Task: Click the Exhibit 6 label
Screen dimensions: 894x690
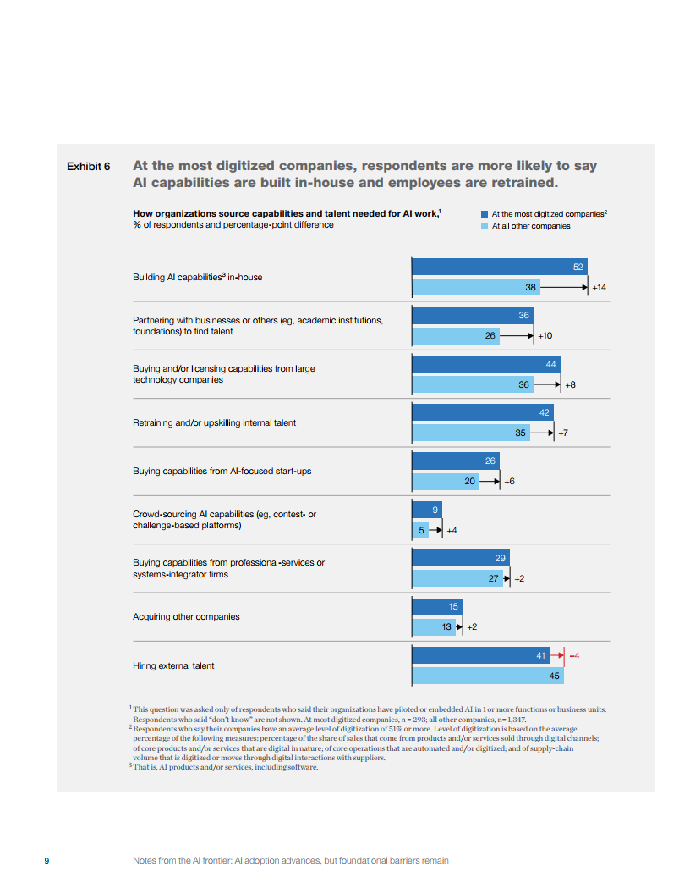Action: pyautogui.click(x=88, y=166)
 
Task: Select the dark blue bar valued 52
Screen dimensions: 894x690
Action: pyautogui.click(x=499, y=267)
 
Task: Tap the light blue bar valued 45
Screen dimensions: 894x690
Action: pyautogui.click(x=487, y=676)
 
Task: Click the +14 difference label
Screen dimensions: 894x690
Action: pyautogui.click(x=599, y=288)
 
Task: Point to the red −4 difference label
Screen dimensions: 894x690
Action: pyautogui.click(x=574, y=655)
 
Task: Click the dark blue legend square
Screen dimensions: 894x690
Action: pyautogui.click(x=485, y=215)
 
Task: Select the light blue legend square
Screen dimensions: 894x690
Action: pyautogui.click(x=485, y=226)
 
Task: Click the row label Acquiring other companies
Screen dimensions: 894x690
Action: pyautogui.click(x=186, y=616)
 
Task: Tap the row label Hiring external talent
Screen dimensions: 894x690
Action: pyautogui.click(x=173, y=665)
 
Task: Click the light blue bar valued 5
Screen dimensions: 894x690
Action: pyautogui.click(x=419, y=530)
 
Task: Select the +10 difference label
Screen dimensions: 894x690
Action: pyautogui.click(x=545, y=336)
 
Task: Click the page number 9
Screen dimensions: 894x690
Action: pyautogui.click(x=47, y=860)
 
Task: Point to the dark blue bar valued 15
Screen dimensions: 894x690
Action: pyautogui.click(x=436, y=606)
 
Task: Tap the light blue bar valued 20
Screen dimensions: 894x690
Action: pyautogui.click(x=445, y=481)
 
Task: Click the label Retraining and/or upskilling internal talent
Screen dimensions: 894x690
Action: pyautogui.click(x=214, y=422)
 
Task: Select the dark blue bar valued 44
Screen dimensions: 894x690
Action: pyautogui.click(x=485, y=363)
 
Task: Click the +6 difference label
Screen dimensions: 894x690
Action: pyautogui.click(x=509, y=481)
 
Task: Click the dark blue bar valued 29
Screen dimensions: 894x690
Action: pyautogui.click(x=460, y=558)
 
